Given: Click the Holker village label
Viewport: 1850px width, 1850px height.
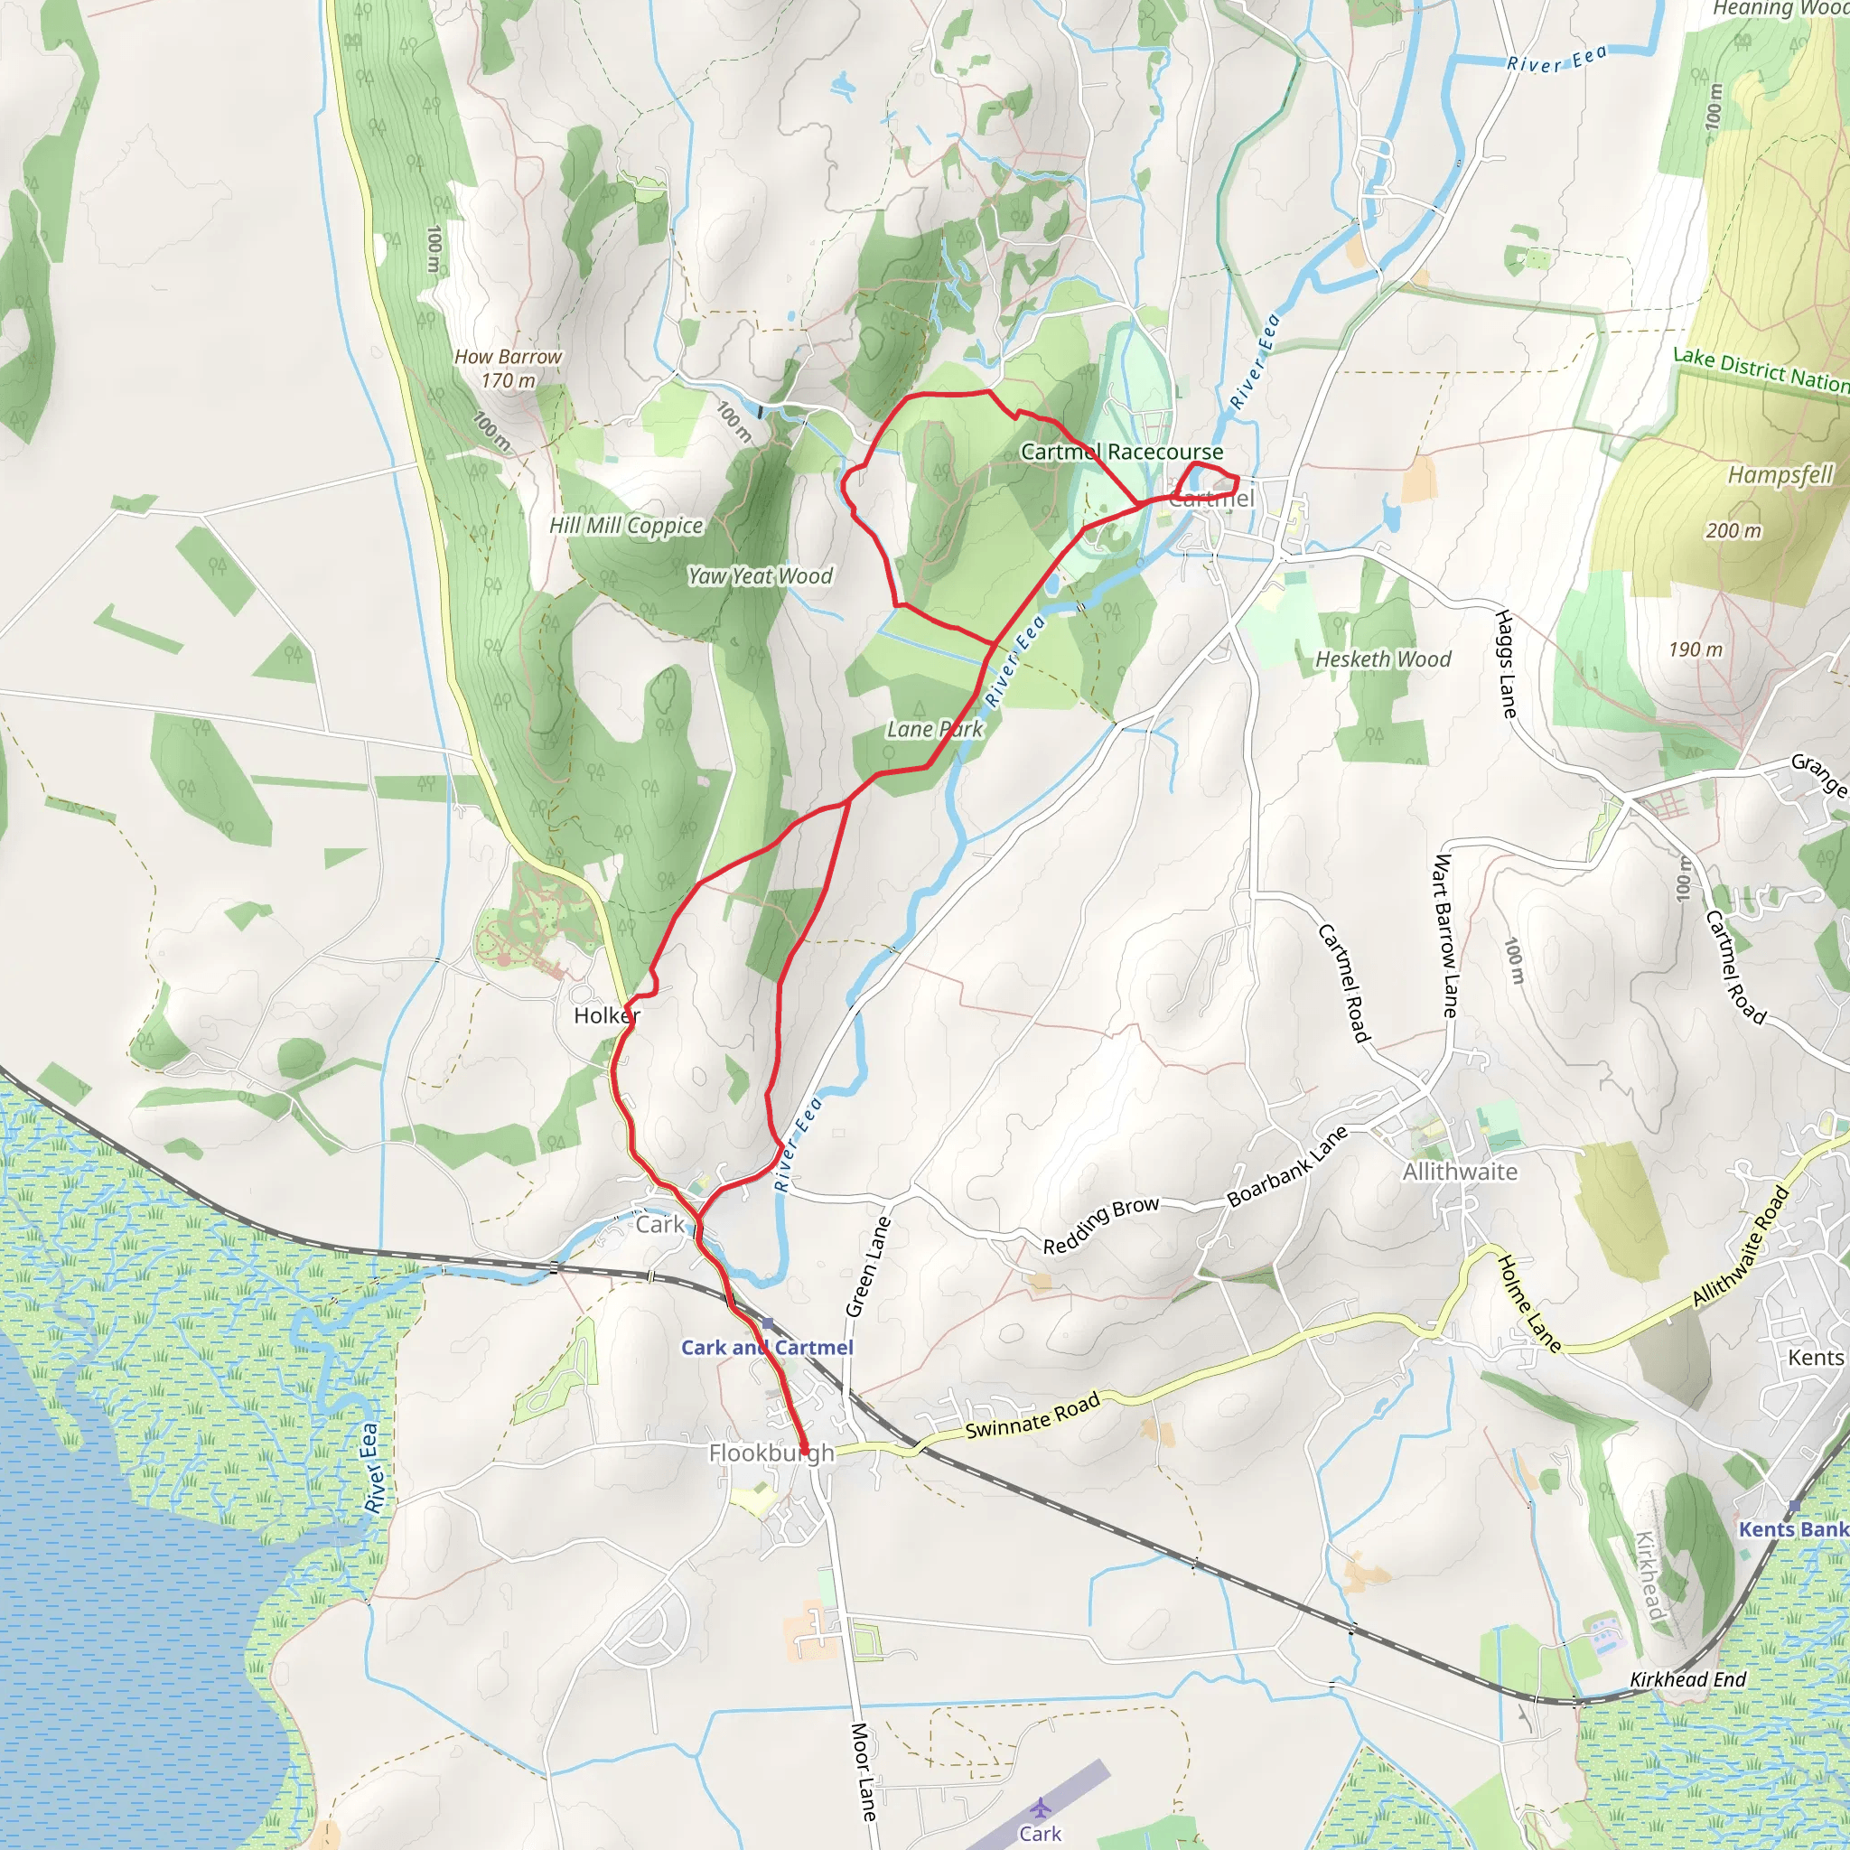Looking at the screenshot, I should tap(606, 1015).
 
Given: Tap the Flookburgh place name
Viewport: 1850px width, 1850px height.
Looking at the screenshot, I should tap(771, 1453).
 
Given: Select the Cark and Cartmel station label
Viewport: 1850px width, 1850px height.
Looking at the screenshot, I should tap(766, 1347).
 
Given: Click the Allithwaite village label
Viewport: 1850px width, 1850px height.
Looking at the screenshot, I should tap(1460, 1171).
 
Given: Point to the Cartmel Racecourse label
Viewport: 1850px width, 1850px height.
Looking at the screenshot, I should tap(1121, 451).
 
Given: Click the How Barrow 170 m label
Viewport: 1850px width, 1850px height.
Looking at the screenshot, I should tap(508, 368).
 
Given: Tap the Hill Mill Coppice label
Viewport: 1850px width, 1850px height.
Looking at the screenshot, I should tap(625, 526).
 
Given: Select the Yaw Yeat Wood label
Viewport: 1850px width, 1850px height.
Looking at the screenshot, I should tap(760, 575).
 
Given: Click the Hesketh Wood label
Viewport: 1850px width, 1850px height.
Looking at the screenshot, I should tap(1382, 659).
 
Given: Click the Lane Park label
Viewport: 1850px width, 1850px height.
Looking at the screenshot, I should tap(934, 729).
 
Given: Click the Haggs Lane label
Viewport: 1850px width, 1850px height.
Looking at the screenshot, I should tap(1505, 664).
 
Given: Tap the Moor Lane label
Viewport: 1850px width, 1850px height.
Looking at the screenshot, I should tap(863, 1771).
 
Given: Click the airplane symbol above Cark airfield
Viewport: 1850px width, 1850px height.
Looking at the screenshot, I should tap(1040, 1808).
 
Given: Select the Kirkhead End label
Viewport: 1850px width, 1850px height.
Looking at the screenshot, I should tap(1687, 1678).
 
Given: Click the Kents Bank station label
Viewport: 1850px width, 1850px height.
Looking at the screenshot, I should tap(1792, 1528).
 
